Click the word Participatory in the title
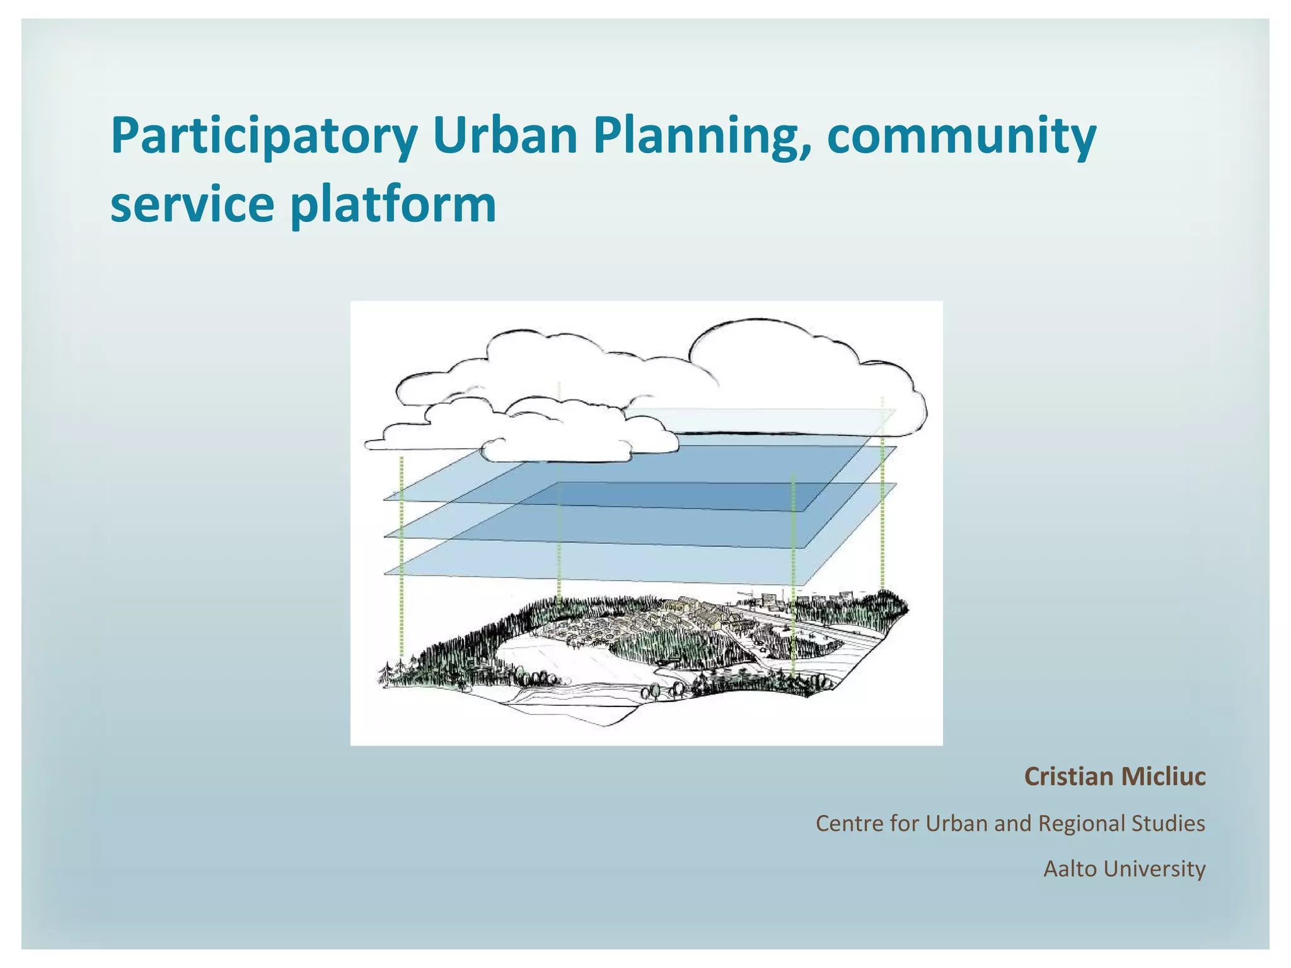[x=264, y=136]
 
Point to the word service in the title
[x=192, y=205]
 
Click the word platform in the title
[x=393, y=205]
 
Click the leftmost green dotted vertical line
[x=402, y=555]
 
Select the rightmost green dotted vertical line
[x=883, y=492]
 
